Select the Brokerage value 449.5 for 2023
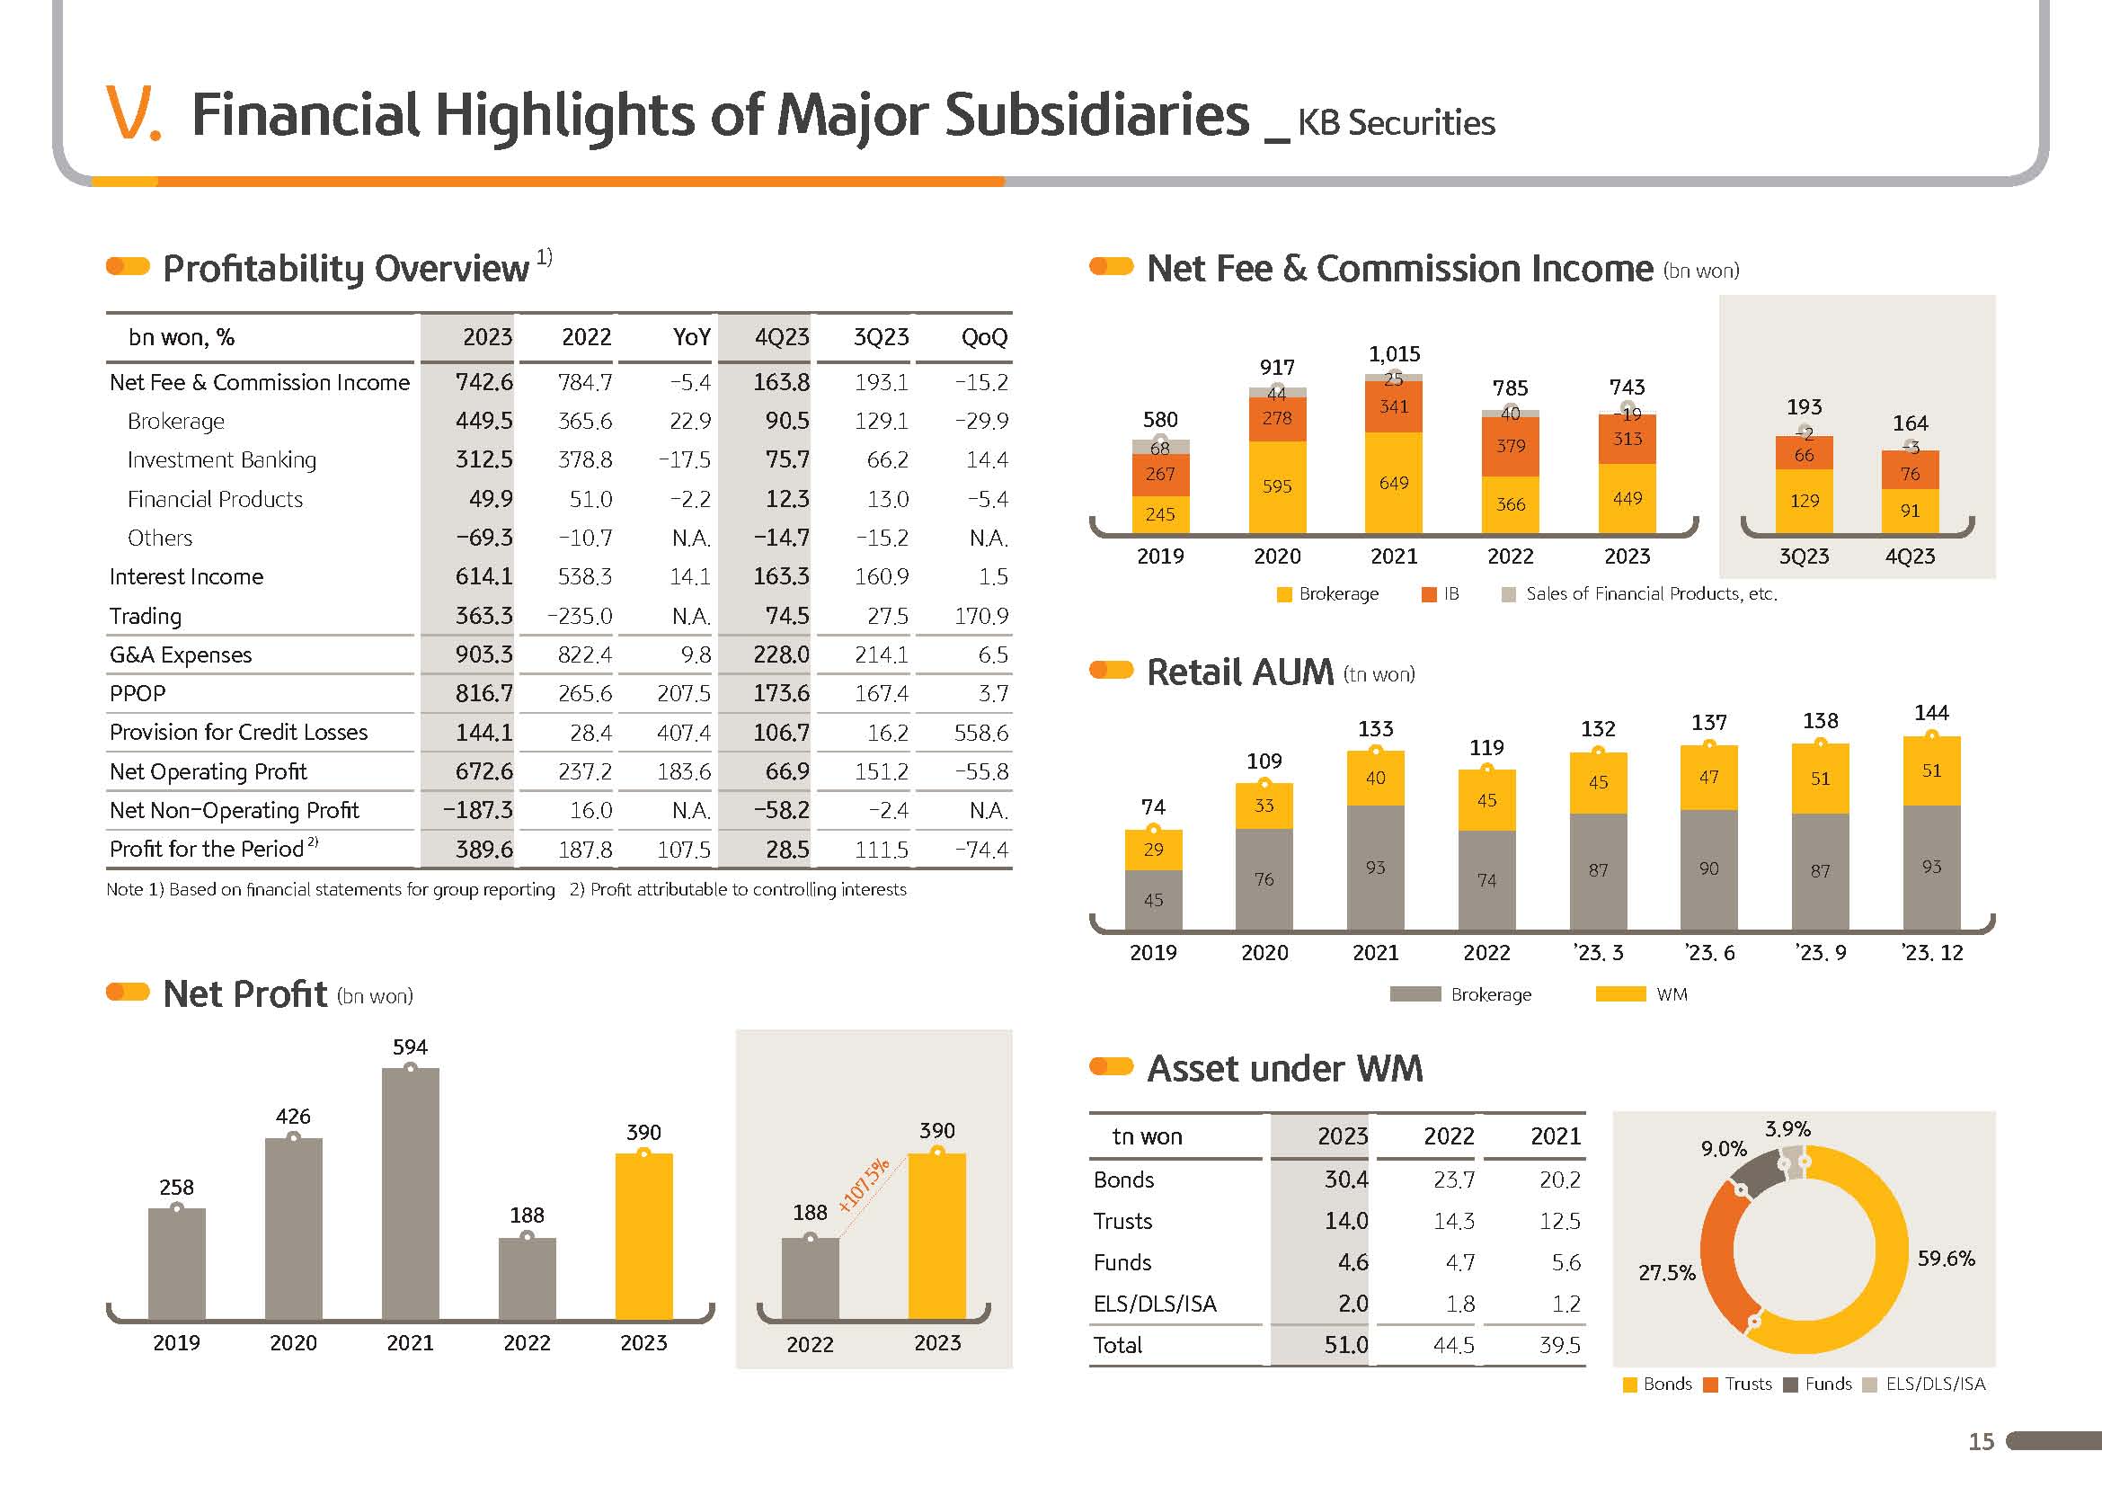[x=484, y=421]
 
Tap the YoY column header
[x=691, y=338]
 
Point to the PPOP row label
[x=137, y=694]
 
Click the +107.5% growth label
[x=864, y=1185]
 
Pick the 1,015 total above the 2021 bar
[x=1395, y=354]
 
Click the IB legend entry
[x=1441, y=594]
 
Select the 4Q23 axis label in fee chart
[x=1910, y=557]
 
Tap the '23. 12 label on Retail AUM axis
[x=1932, y=953]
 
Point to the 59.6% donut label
[x=1946, y=1259]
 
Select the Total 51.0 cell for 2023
[x=1346, y=1345]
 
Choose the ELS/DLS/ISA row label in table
[x=1155, y=1304]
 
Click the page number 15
[x=1982, y=1442]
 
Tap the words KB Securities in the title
[x=1396, y=122]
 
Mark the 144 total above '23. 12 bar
[x=1932, y=713]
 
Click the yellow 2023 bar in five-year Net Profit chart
[x=643, y=1236]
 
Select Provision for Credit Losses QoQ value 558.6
[x=980, y=734]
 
